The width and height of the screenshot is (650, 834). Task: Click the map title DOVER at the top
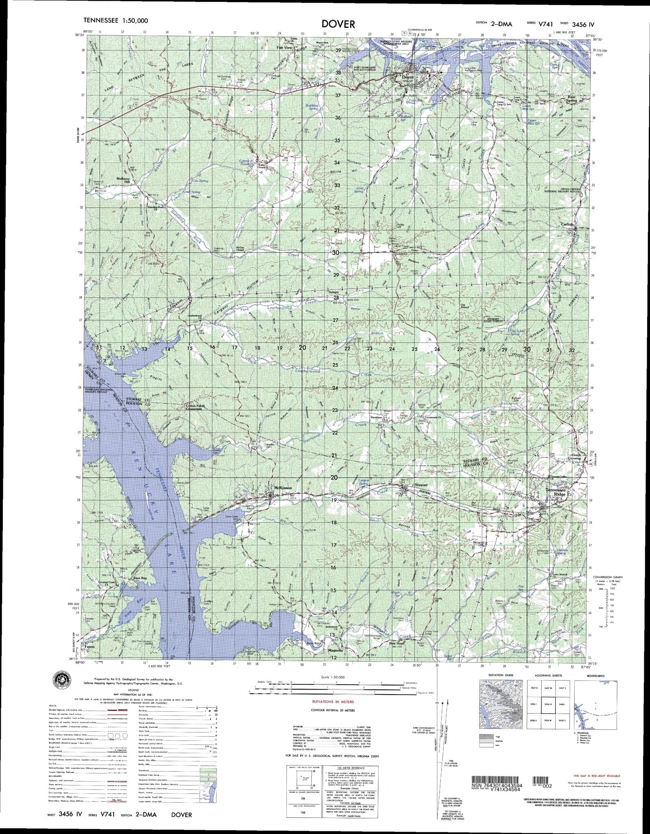(x=339, y=24)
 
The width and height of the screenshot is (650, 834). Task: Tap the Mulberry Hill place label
(x=123, y=180)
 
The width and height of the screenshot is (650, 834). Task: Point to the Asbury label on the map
(x=334, y=292)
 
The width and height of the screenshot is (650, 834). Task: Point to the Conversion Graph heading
(x=607, y=577)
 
